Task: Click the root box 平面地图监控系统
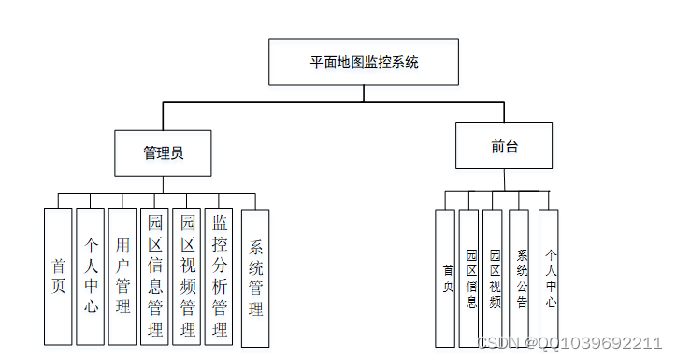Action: coord(364,63)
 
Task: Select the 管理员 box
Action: coord(163,152)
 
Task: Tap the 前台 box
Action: coord(504,147)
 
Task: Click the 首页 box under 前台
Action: coord(445,279)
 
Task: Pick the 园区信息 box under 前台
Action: coord(470,279)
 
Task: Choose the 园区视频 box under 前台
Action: coord(495,279)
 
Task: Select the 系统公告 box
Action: coord(521,279)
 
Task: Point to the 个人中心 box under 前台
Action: coord(550,279)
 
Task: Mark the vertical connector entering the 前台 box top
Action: coord(504,112)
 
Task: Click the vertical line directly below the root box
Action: coord(364,93)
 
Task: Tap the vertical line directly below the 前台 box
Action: coord(504,180)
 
